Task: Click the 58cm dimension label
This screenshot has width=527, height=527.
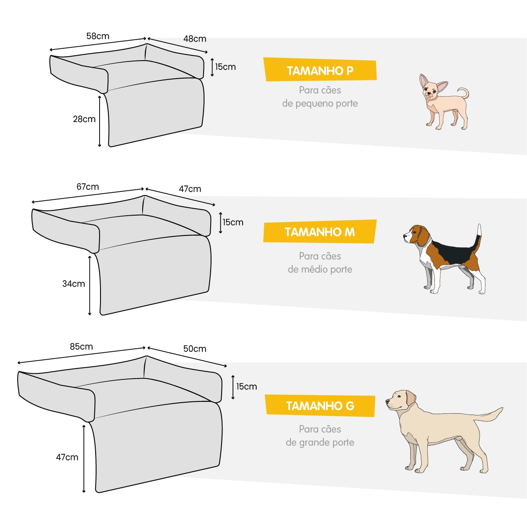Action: click(x=97, y=36)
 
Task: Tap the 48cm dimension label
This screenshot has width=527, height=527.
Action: click(x=195, y=39)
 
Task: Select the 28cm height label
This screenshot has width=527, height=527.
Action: click(x=84, y=119)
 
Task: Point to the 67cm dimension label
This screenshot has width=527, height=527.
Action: click(x=87, y=187)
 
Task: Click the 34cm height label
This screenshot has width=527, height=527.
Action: click(x=74, y=284)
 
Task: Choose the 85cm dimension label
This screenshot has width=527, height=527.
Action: click(x=81, y=347)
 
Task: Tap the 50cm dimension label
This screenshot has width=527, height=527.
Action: click(x=195, y=349)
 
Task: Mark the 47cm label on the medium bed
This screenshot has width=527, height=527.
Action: click(x=190, y=189)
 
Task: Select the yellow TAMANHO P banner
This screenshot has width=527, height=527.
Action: click(x=320, y=69)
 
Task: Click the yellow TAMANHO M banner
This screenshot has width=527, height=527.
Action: click(x=320, y=231)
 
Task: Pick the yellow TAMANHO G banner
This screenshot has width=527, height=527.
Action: click(x=320, y=405)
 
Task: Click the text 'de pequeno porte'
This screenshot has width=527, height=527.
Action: click(x=320, y=104)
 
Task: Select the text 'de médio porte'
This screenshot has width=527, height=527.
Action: click(x=320, y=269)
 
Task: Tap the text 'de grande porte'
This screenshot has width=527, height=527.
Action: click(x=320, y=442)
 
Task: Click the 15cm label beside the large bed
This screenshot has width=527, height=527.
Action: click(x=247, y=386)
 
